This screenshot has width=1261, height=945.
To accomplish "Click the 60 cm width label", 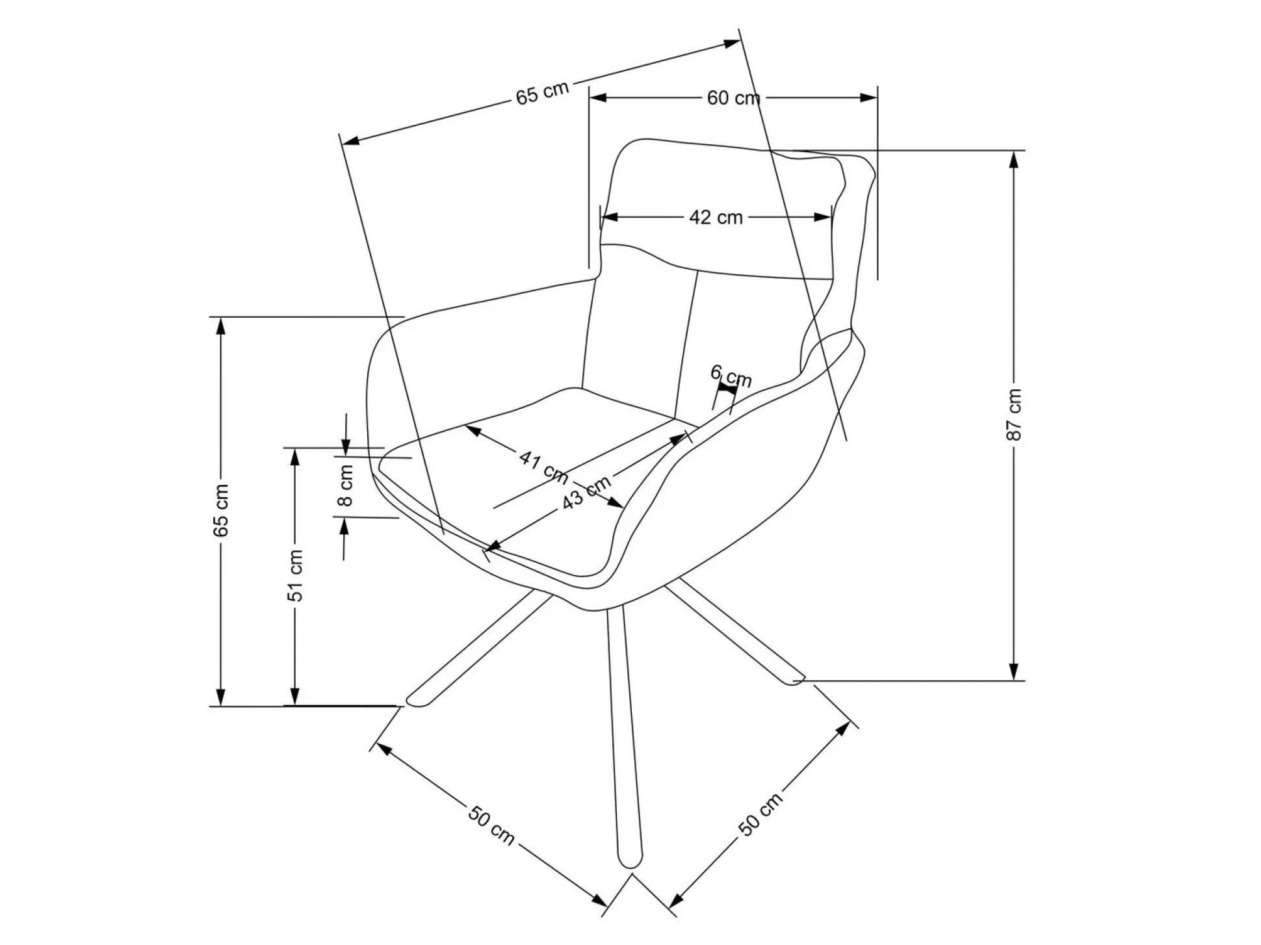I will click(733, 99).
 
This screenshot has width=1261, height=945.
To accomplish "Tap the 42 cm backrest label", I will click(716, 217).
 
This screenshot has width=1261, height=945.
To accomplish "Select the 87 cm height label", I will click(1013, 415).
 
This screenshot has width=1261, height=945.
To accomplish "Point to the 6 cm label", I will click(731, 376).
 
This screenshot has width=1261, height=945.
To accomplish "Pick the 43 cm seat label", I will click(586, 491).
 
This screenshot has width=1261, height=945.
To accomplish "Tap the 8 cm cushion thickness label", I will click(346, 485).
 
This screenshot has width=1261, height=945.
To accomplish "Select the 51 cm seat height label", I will click(296, 575).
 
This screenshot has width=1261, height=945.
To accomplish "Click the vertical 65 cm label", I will click(222, 510).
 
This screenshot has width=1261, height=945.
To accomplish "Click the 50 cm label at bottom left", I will click(491, 825).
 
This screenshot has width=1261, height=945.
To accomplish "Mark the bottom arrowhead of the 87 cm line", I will click(1013, 673).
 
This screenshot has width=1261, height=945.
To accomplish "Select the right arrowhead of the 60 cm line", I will click(870, 98).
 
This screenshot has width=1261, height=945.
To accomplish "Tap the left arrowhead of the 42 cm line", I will click(608, 217).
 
